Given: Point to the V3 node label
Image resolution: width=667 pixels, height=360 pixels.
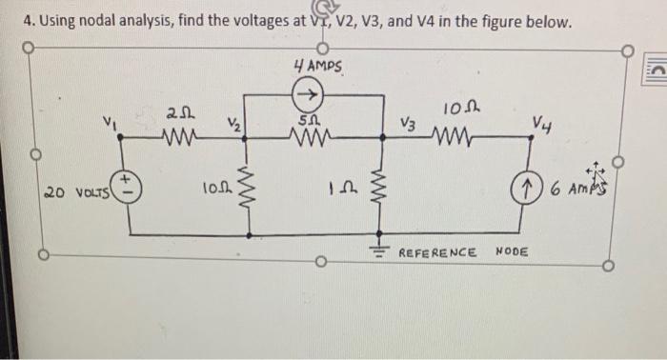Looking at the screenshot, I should point(408,124).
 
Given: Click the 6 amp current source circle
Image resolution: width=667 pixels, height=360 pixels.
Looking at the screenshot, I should point(532,187).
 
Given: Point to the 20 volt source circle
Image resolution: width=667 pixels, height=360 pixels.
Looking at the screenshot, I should point(130,186).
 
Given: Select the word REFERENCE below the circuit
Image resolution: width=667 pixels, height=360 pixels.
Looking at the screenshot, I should point(437,252).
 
